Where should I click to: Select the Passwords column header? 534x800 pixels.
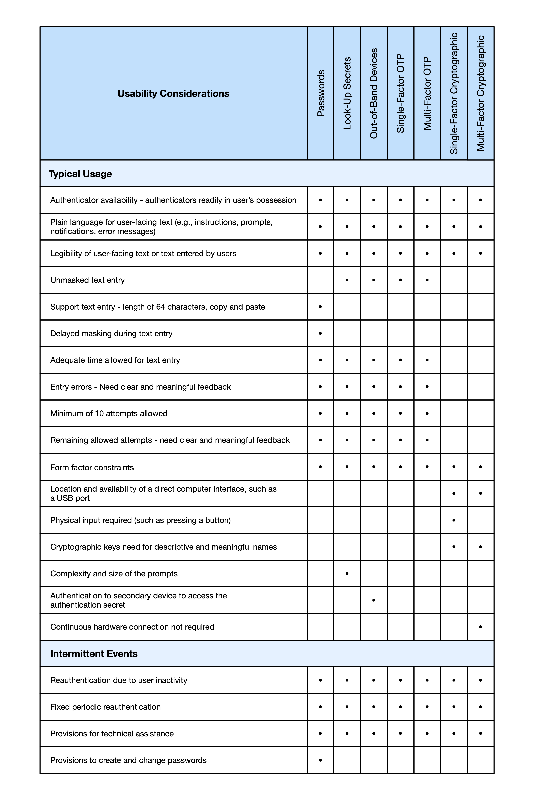[320, 94]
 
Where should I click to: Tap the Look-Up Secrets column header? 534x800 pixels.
[347, 94]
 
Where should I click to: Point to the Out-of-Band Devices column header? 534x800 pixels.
[374, 94]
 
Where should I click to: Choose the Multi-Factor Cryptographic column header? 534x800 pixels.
[481, 94]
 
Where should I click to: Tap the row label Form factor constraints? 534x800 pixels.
[92, 467]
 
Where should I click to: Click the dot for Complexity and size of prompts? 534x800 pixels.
[347, 574]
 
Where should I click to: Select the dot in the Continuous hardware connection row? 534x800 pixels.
[481, 627]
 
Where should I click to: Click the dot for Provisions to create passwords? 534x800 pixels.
[320, 760]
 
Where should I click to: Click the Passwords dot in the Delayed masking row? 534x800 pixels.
[320, 333]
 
